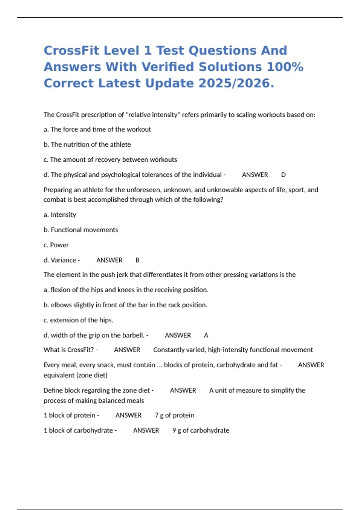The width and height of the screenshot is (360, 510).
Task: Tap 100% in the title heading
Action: point(285,67)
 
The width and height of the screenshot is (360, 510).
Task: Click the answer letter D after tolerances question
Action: point(283,175)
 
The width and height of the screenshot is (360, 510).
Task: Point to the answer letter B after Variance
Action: point(137,260)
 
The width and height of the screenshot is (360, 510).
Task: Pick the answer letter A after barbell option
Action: point(206,335)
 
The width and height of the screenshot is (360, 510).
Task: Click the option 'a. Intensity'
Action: point(60,215)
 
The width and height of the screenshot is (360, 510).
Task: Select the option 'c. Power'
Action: point(56,245)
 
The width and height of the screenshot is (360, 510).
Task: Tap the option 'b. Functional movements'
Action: point(81,230)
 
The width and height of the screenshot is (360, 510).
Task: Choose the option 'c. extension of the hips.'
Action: point(78,320)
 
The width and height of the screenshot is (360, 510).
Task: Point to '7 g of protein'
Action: point(174,415)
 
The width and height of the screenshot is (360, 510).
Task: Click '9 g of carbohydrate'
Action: point(201,430)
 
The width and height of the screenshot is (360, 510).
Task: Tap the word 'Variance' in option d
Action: point(63,260)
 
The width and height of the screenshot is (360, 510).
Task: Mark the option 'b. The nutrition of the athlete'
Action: point(87,144)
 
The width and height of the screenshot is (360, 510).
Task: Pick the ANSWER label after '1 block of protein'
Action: point(128,415)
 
